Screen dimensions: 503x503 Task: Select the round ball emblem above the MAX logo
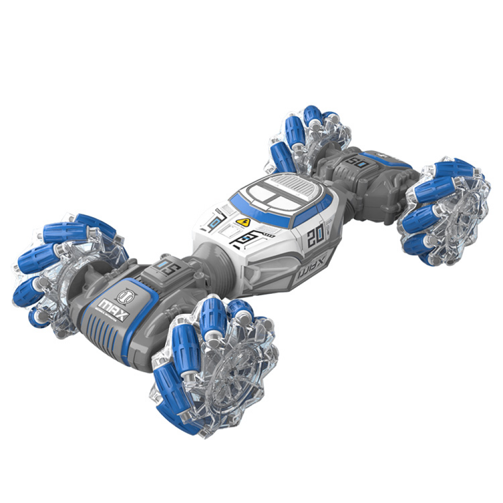click(x=124, y=294)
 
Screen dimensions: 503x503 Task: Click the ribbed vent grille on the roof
click(x=296, y=188)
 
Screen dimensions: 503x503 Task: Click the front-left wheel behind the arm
click(x=55, y=272)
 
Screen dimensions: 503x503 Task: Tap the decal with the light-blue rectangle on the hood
click(x=217, y=221)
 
